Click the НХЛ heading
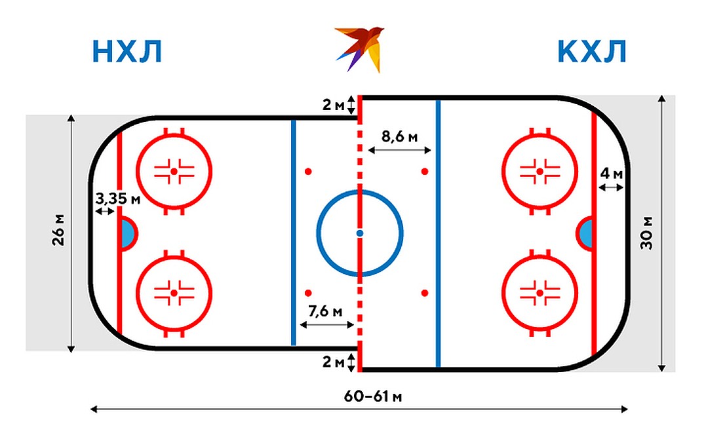click(127, 51)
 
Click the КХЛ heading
click(592, 51)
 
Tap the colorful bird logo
click(359, 48)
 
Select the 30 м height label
click(646, 233)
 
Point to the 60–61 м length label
click(373, 396)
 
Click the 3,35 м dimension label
click(118, 198)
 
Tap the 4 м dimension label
click(612, 173)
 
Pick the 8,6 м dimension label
click(400, 136)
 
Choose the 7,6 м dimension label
click(326, 311)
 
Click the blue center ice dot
click(359, 233)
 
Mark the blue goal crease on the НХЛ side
click(128, 233)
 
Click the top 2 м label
click(333, 105)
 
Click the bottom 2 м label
click(333, 362)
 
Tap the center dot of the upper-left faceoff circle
click(174, 172)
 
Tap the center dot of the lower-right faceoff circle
click(540, 294)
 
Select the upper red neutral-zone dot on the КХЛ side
click(424, 172)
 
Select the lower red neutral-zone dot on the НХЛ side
click(308, 294)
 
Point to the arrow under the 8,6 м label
click(400, 150)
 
